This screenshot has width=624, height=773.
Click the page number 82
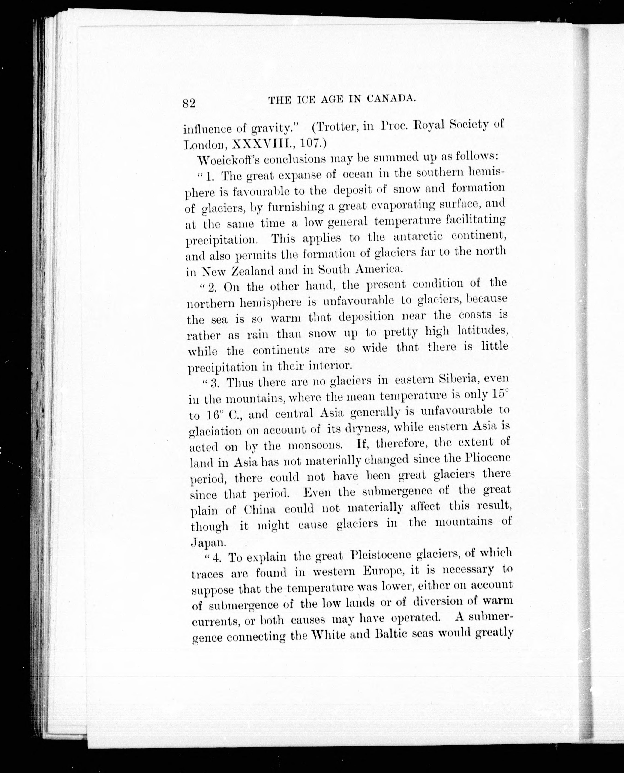(x=189, y=104)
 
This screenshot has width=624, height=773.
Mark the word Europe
(x=384, y=572)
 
